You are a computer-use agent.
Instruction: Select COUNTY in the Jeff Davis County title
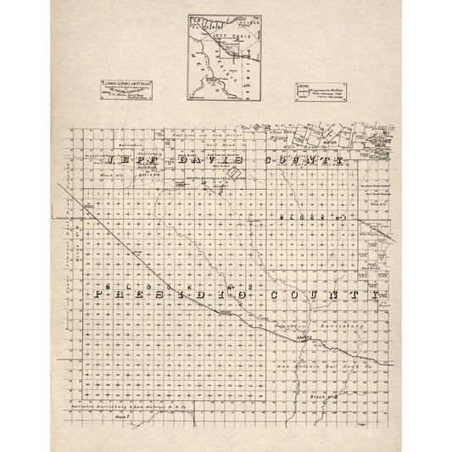tap(305, 159)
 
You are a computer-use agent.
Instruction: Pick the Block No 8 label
tap(338, 395)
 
